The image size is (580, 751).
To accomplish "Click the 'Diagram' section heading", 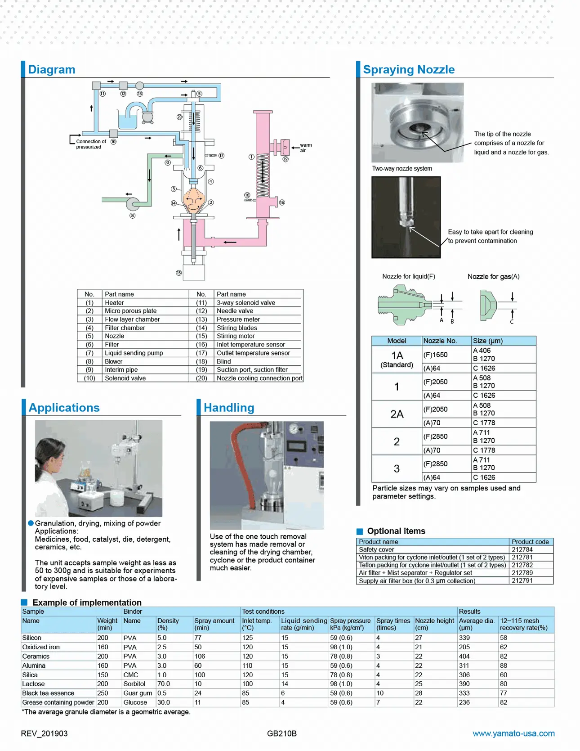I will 52,70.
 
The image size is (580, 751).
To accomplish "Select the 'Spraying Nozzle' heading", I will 409,70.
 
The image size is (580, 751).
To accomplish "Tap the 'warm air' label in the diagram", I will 306,148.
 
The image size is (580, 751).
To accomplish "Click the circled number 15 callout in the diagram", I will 178,273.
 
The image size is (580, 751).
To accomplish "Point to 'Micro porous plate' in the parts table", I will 131,311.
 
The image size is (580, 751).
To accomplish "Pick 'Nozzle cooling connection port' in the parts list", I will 259,378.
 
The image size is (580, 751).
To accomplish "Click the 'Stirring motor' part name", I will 236,336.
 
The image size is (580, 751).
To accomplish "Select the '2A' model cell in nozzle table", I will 397,414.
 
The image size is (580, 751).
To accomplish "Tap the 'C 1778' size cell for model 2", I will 484,450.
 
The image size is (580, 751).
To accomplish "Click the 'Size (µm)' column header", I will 488,341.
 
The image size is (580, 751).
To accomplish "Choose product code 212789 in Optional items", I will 522,573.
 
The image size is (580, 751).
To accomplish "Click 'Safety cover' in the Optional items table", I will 376,549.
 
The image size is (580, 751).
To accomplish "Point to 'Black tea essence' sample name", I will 48,693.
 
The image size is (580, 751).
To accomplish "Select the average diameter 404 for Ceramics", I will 464,656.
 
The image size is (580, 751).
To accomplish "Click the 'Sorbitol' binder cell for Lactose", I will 134,684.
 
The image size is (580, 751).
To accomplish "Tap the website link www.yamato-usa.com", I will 513,733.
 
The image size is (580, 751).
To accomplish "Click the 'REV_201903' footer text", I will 44,733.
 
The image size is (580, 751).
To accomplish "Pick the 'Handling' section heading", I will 229,408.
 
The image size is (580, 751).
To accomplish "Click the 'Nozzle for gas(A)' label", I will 493,276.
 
